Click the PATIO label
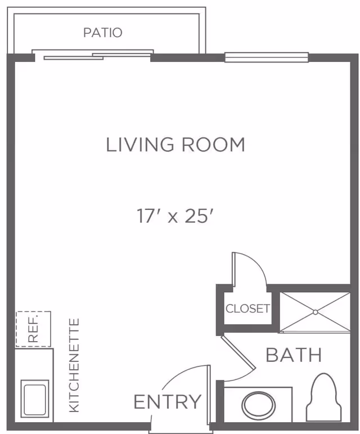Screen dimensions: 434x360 tap(102, 33)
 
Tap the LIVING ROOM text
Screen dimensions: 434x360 tap(175, 145)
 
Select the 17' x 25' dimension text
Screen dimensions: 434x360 tap(175, 216)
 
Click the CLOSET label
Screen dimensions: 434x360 tap(247, 308)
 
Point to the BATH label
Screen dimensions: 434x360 tap(294, 355)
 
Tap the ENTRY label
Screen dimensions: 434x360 tap(167, 402)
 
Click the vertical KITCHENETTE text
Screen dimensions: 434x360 tap(74, 365)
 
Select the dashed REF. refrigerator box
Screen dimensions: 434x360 tap(33, 329)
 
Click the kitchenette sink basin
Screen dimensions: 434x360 tap(35, 399)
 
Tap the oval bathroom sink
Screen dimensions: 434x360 tap(259, 404)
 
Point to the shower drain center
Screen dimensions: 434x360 tap(315, 312)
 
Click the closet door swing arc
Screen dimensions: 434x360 tap(260, 265)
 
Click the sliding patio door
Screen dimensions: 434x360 tap(93, 56)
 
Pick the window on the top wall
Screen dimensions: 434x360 tap(267, 57)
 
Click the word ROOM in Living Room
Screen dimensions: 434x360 tap(213, 145)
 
